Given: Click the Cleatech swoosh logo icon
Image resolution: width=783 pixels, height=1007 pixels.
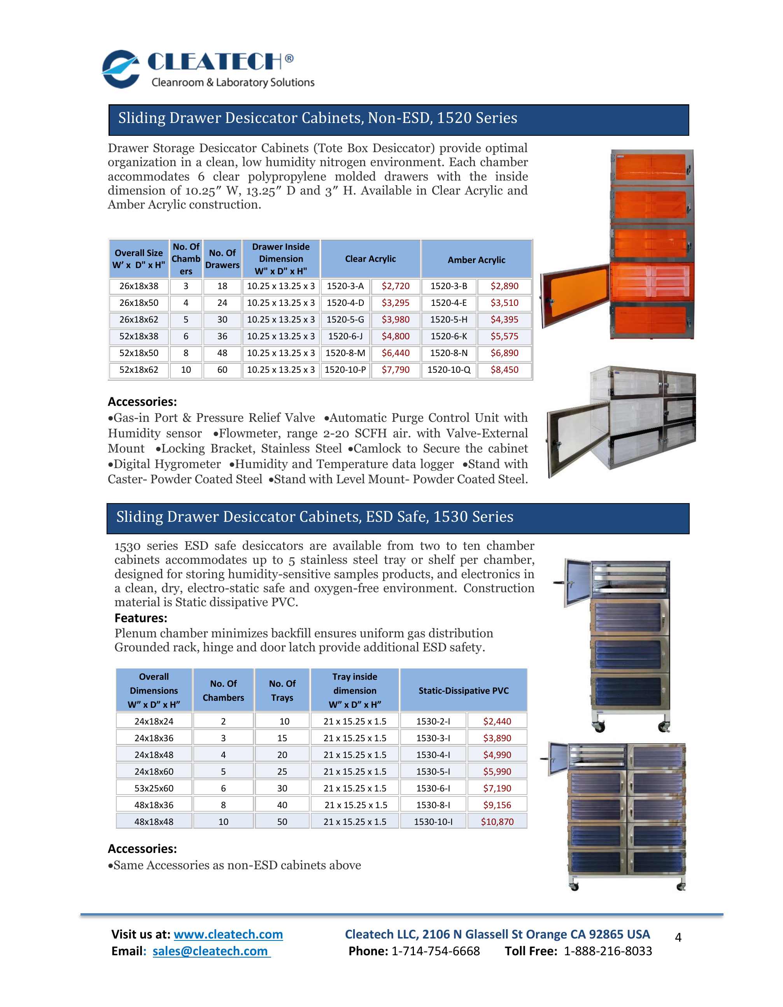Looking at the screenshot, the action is (x=121, y=69).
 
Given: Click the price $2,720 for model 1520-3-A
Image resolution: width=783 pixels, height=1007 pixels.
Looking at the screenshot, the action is (x=396, y=286).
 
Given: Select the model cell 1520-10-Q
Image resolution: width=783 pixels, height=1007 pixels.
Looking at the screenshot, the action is (x=448, y=370).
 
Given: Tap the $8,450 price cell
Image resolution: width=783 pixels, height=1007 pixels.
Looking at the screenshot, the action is (x=504, y=370).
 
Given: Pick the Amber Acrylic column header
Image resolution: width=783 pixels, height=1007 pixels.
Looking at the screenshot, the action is (x=476, y=260).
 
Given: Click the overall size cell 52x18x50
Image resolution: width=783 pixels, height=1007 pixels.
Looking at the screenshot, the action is (x=139, y=353).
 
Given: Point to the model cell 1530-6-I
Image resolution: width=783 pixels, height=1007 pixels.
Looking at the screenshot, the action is (x=433, y=788).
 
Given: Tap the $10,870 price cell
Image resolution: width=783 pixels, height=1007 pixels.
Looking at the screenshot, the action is (x=497, y=822).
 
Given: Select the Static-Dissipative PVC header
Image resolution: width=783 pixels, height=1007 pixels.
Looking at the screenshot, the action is (x=463, y=690).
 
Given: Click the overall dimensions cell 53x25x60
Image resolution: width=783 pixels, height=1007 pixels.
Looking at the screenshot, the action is (x=154, y=788).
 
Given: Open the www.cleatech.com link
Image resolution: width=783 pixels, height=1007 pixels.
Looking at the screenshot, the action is (x=228, y=934).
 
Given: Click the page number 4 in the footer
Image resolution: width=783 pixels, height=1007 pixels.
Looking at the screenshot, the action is (x=678, y=937).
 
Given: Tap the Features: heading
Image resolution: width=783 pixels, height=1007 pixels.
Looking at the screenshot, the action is (x=140, y=618).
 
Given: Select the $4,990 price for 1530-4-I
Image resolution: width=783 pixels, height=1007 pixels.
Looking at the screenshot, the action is (x=497, y=755).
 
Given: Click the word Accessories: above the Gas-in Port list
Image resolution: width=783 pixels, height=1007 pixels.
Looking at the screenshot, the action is (x=142, y=402).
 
